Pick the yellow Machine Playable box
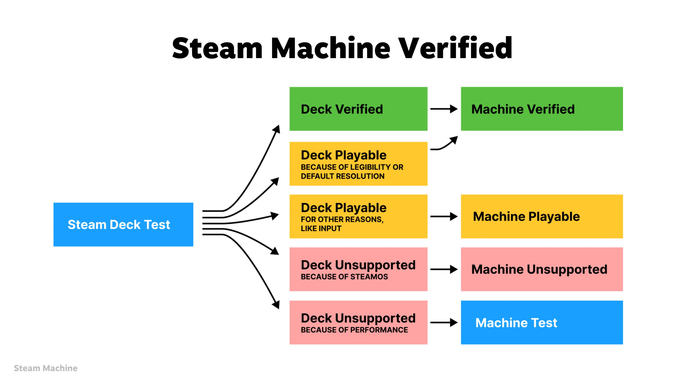coord(542,216)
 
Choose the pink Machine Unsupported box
coord(542,269)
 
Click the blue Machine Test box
coord(542,322)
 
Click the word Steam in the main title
coord(217,48)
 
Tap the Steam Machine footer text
coord(46,368)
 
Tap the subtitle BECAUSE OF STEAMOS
coord(344,277)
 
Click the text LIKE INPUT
coord(321,229)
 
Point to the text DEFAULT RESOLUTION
coord(342,176)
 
